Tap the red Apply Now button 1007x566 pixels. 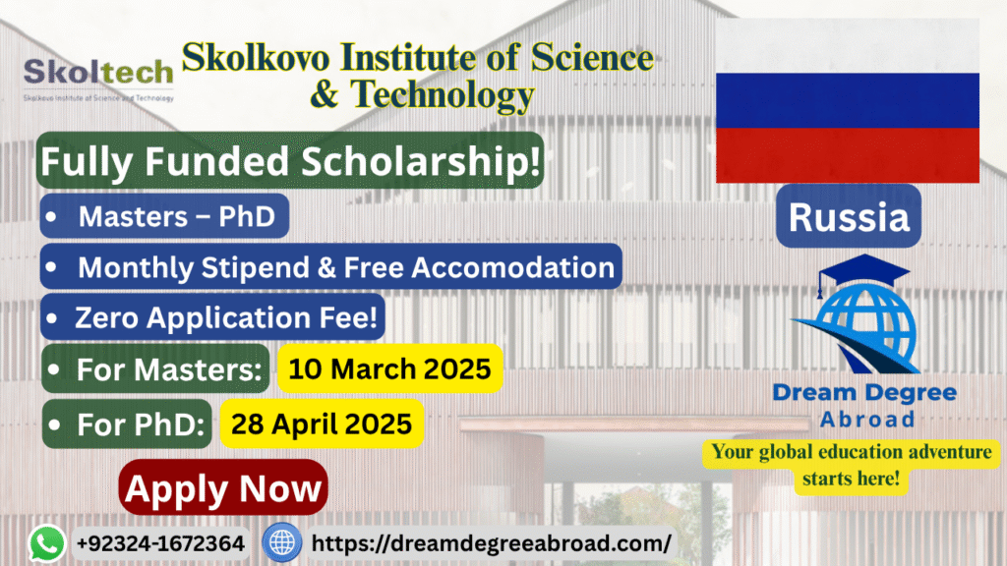tap(223, 487)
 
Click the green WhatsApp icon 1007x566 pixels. tap(47, 543)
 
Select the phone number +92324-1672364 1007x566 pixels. tap(160, 543)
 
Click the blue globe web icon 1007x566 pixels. tap(281, 542)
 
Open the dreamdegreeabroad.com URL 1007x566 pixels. tap(492, 543)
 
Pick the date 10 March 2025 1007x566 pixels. tap(389, 369)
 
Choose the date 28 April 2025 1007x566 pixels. tap(322, 424)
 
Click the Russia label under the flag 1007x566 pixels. tap(849, 216)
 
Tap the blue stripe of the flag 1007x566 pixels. tap(847, 100)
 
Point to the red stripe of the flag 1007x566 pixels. tap(847, 155)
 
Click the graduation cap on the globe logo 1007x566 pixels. tap(863, 271)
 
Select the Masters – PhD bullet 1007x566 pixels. tap(164, 216)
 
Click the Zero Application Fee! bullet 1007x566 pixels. tap(212, 317)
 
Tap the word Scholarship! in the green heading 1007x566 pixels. tap(421, 161)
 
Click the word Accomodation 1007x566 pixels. tap(513, 267)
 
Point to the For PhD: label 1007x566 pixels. tap(127, 424)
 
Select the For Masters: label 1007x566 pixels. tap(155, 369)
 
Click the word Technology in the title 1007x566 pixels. tap(442, 94)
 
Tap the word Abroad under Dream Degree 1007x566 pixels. tap(867, 419)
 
